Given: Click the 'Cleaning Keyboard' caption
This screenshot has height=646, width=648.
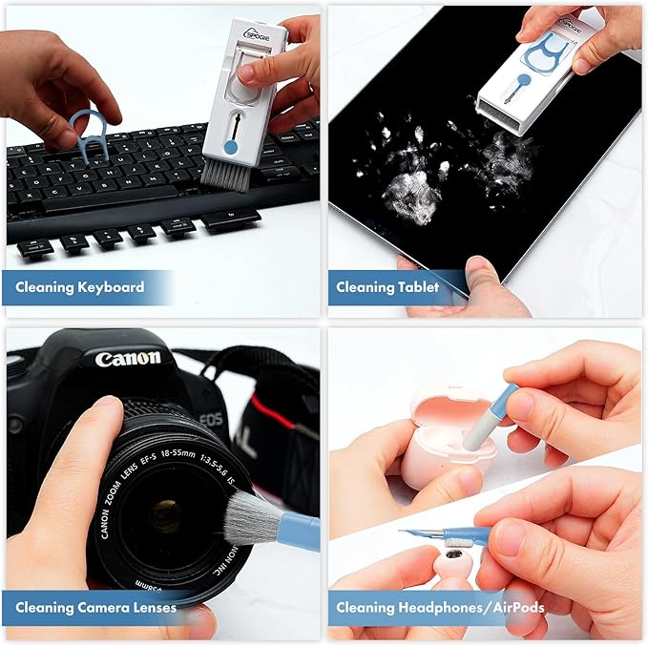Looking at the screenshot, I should point(80,287).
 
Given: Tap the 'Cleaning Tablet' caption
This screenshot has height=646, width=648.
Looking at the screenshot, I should point(387,287).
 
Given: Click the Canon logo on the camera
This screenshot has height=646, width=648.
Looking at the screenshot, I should point(127,360).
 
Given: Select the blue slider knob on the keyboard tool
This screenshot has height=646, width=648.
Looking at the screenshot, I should point(230,148).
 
